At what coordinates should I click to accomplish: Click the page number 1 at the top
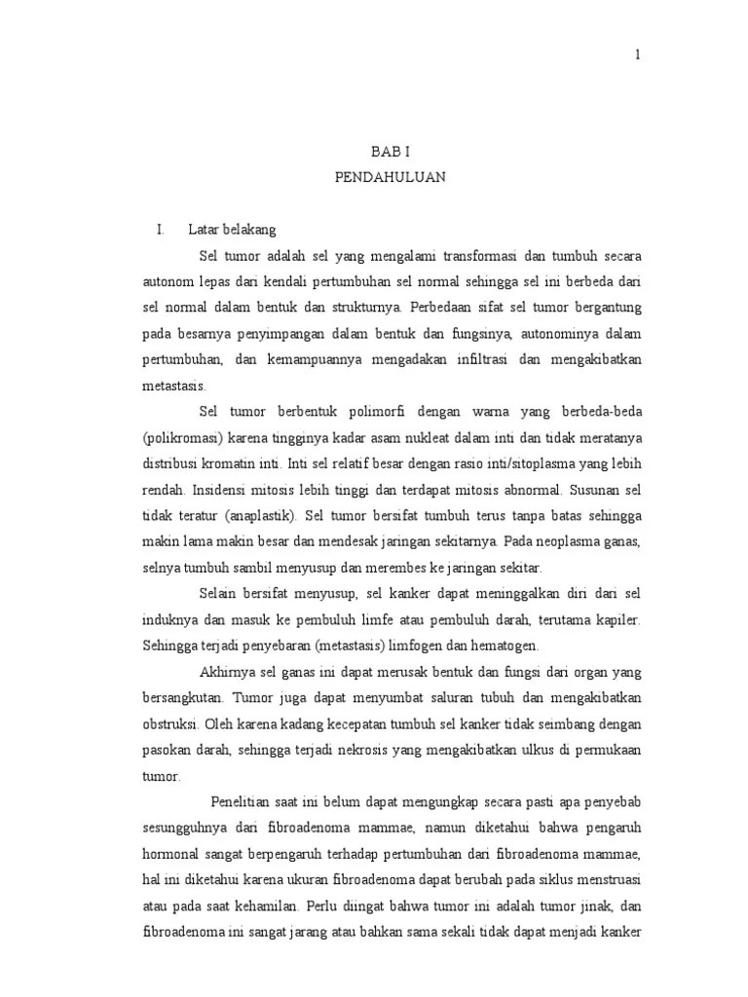tap(638, 55)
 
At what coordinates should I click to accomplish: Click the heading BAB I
tap(389, 154)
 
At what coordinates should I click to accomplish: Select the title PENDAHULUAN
tap(390, 179)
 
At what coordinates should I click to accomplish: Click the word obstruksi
tap(169, 724)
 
